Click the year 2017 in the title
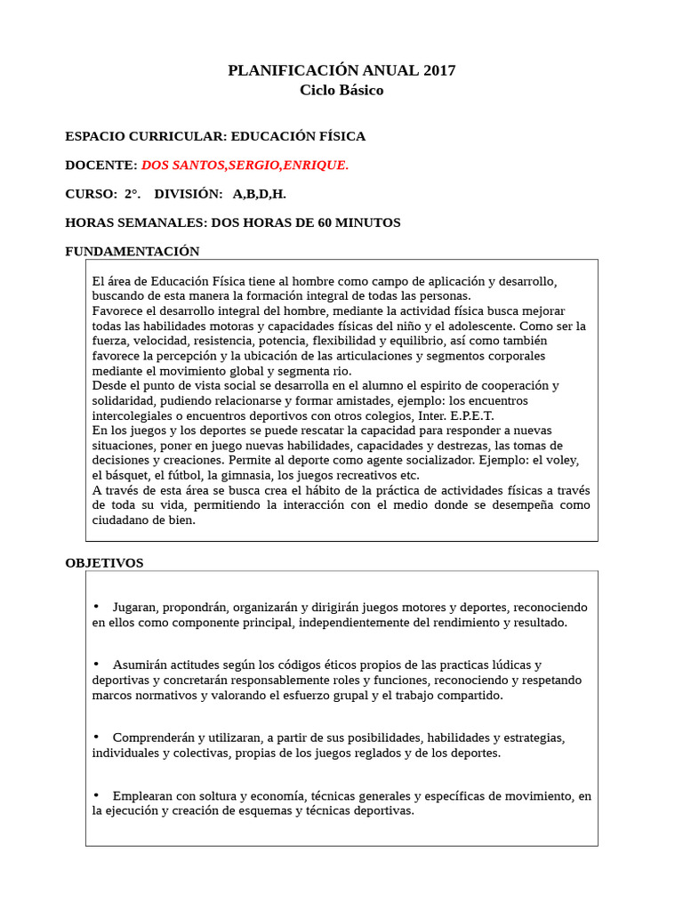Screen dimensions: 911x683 pyautogui.click(x=439, y=70)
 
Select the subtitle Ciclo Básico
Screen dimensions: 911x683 pyautogui.click(x=341, y=91)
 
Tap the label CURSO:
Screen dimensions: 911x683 pyautogui.click(x=91, y=194)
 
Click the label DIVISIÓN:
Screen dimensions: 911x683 pyautogui.click(x=188, y=194)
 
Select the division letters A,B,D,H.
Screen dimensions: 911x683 pyautogui.click(x=260, y=194)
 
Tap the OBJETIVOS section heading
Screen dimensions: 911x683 pyautogui.click(x=104, y=563)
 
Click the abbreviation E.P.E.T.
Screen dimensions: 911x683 pyautogui.click(x=469, y=415)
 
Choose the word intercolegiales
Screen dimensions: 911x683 pyautogui.click(x=134, y=415)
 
